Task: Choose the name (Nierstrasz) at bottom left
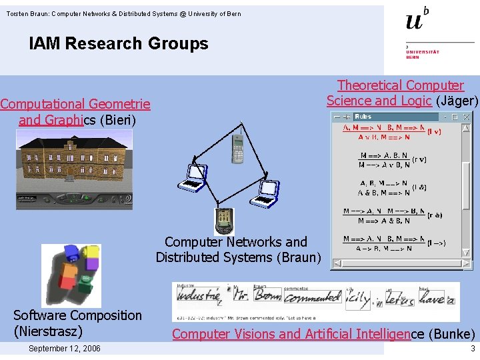(48, 331)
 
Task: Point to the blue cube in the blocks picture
(71, 252)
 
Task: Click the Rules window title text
(363, 117)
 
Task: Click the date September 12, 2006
(65, 349)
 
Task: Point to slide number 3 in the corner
(472, 349)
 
